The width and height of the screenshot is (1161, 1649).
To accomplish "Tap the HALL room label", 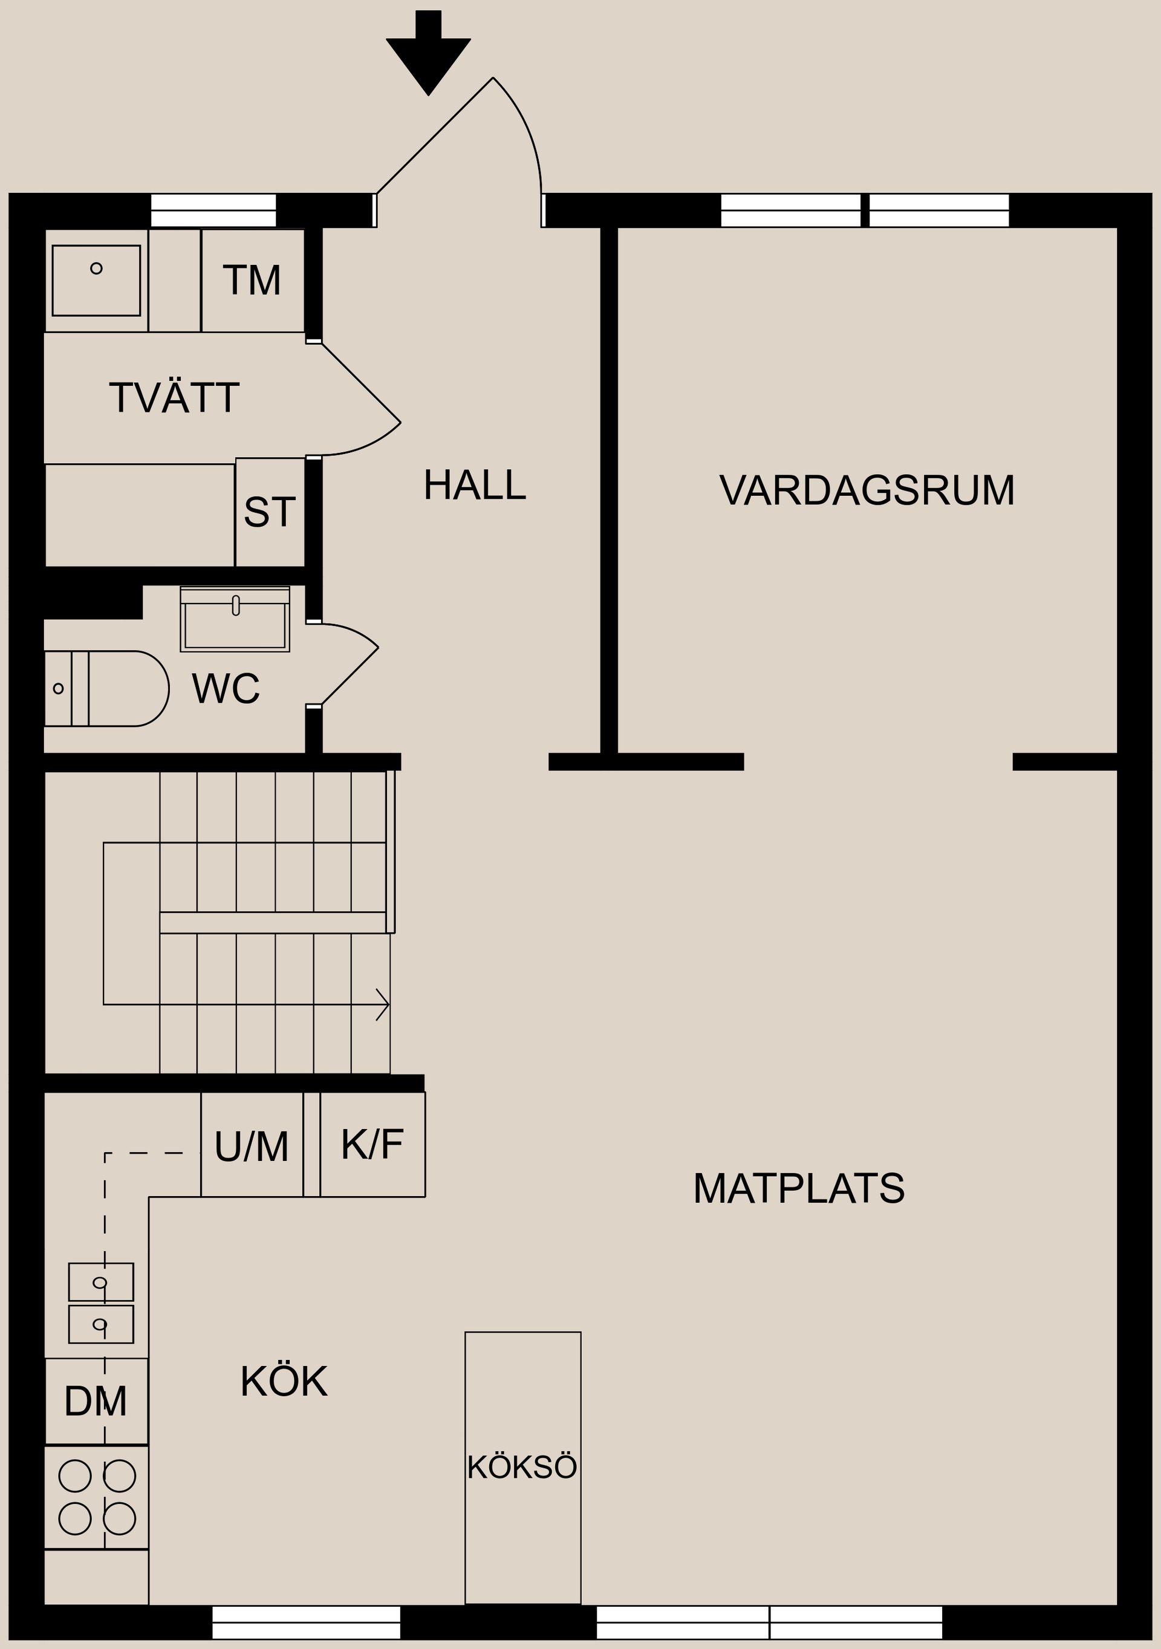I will click(x=474, y=486).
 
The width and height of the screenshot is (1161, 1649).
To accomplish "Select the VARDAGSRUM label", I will click(x=866, y=490).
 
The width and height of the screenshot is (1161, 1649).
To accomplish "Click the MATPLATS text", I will click(x=798, y=1189).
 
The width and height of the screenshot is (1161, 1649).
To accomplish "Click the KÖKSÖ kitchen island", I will click(x=522, y=1465).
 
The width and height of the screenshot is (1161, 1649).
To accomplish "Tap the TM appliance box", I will click(x=253, y=281).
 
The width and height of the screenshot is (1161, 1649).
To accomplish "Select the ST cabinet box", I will click(x=270, y=512).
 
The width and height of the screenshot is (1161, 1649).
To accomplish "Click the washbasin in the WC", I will click(x=235, y=620).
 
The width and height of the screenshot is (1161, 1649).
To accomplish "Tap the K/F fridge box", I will click(x=372, y=1144).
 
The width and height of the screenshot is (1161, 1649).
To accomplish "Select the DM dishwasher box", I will click(x=96, y=1401).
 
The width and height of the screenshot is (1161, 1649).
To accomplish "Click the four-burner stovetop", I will click(x=96, y=1497).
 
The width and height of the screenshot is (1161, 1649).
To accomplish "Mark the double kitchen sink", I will click(x=100, y=1303).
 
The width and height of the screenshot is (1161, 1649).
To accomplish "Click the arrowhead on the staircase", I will click(x=383, y=1003).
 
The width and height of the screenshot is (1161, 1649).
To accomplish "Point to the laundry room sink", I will click(x=96, y=279).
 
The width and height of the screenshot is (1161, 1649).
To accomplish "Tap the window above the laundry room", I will click(x=213, y=210).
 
